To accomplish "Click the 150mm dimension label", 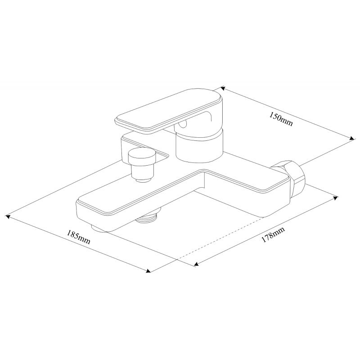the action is (x=281, y=119).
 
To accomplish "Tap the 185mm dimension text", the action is (x=78, y=237).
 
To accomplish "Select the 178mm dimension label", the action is (x=273, y=234).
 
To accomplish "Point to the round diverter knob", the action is (x=142, y=157).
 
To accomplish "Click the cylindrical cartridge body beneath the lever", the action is (x=199, y=147).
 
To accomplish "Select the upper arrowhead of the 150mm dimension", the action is (x=222, y=88).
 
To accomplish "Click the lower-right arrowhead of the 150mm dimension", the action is (x=351, y=139).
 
